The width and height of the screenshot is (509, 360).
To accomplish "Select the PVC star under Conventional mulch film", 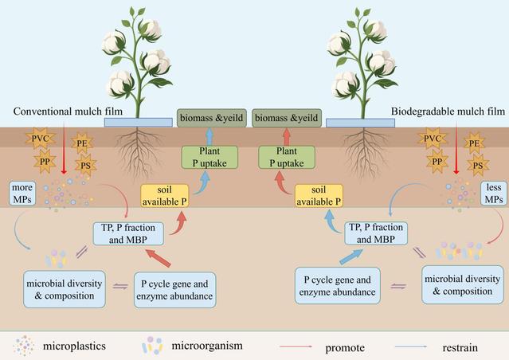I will click(41, 140).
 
